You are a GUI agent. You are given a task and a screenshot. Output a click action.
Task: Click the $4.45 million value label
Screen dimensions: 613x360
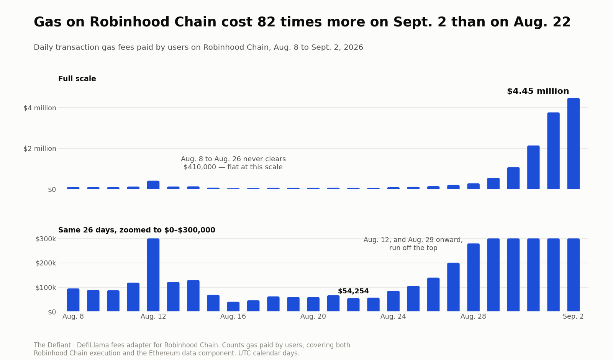click(x=538, y=91)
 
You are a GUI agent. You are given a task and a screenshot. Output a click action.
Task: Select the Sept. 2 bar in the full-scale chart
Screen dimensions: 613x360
click(x=573, y=144)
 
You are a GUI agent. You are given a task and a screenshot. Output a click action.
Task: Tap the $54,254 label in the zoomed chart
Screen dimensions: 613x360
click(x=353, y=291)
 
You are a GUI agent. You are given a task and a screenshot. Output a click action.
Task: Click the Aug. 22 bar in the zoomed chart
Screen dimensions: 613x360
click(x=353, y=305)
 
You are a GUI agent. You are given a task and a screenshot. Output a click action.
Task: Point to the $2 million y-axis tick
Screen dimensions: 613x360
click(x=40, y=149)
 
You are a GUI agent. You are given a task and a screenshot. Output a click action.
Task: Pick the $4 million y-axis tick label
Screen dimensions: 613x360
click(x=40, y=108)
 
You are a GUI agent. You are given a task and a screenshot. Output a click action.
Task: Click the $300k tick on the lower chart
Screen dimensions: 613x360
click(x=46, y=239)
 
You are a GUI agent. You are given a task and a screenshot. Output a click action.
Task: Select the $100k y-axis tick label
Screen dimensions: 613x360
click(x=46, y=288)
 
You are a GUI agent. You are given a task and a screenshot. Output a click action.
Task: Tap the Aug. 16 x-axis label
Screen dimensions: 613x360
click(x=233, y=316)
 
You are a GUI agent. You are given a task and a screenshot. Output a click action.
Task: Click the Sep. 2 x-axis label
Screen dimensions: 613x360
click(x=573, y=316)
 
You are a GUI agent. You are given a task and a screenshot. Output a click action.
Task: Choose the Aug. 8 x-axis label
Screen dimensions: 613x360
click(x=73, y=316)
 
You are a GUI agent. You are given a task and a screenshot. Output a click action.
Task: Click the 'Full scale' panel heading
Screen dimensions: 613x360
click(x=77, y=79)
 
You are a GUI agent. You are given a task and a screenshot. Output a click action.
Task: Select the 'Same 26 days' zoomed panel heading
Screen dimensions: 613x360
click(x=137, y=230)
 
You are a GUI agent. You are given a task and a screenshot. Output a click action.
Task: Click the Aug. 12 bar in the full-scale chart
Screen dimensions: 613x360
click(x=153, y=185)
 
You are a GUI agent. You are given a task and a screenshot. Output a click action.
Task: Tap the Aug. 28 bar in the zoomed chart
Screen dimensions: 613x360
click(x=474, y=277)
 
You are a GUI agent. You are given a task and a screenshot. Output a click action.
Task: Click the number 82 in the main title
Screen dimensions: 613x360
click(x=266, y=22)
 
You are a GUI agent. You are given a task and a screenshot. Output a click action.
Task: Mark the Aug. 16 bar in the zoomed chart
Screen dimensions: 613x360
click(x=233, y=307)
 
